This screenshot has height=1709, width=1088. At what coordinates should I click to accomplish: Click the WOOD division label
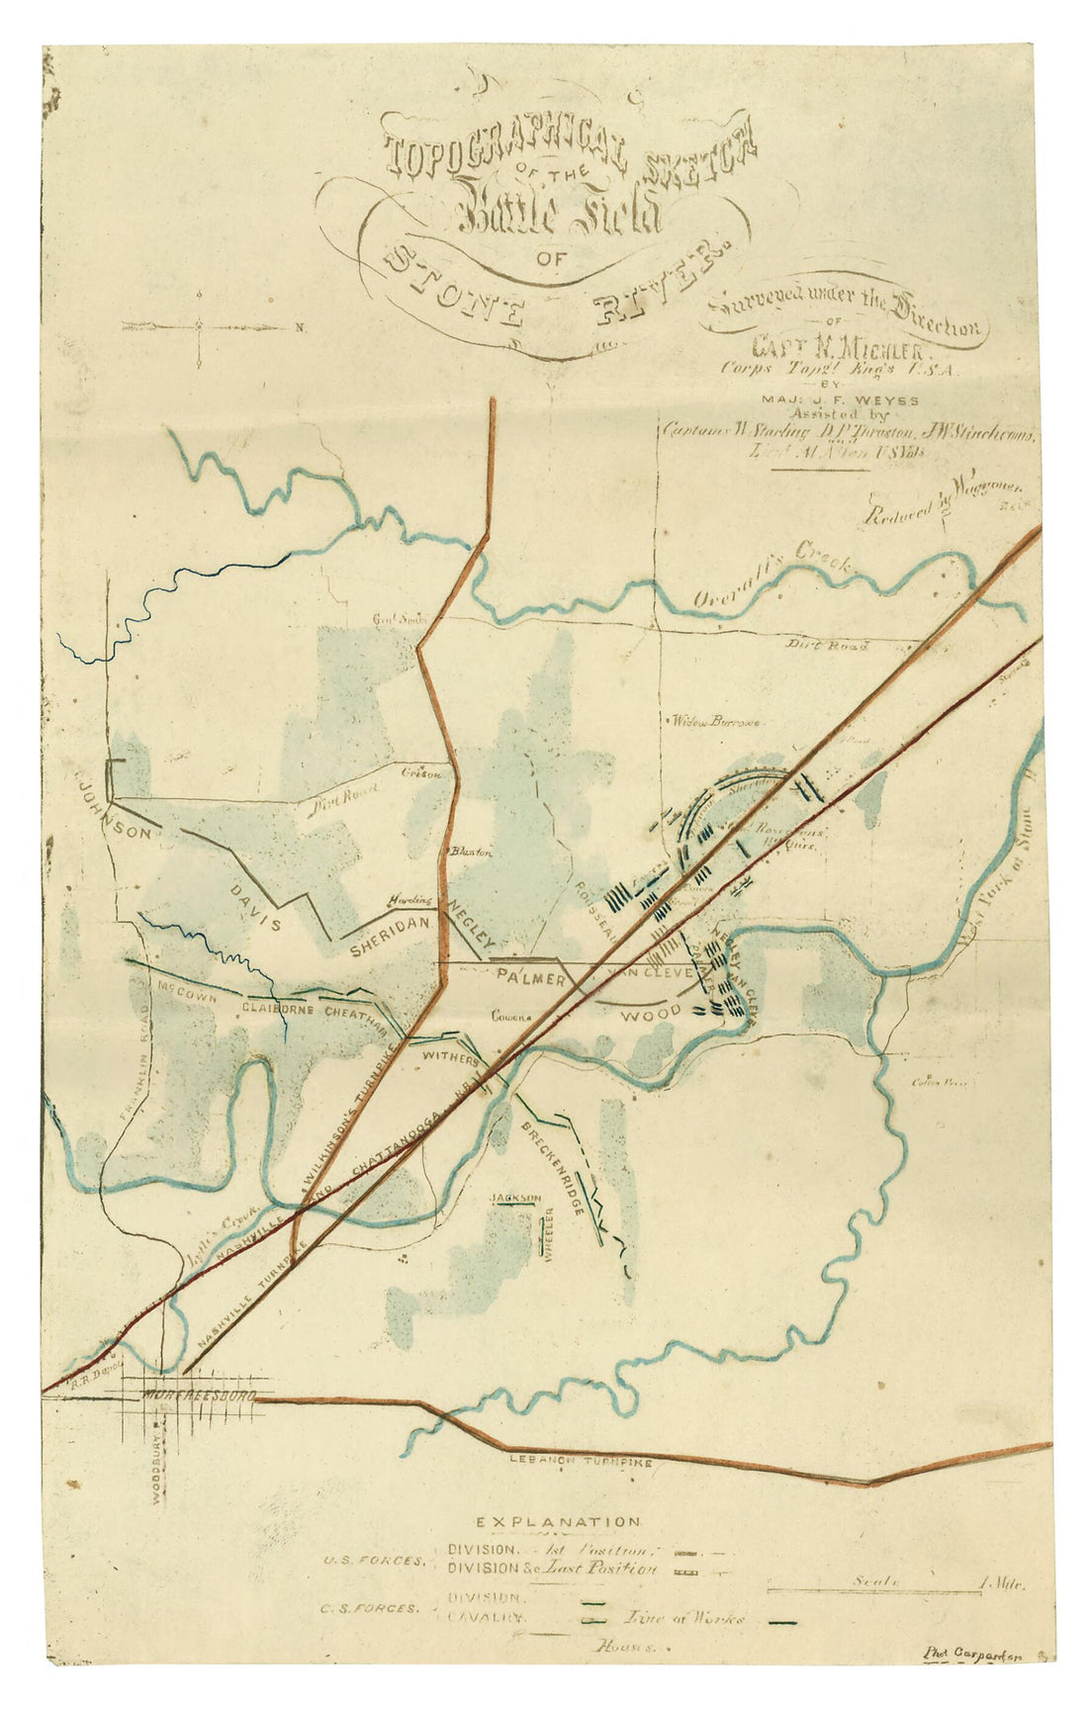pyautogui.click(x=650, y=1014)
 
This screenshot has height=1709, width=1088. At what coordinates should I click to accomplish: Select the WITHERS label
pyautogui.click(x=450, y=1057)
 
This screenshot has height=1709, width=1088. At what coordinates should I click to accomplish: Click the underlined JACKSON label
pyautogui.click(x=515, y=1199)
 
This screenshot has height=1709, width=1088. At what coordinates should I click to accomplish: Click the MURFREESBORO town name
pyautogui.click(x=198, y=1395)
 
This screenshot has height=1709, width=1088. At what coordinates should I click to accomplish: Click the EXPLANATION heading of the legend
pyautogui.click(x=558, y=1522)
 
